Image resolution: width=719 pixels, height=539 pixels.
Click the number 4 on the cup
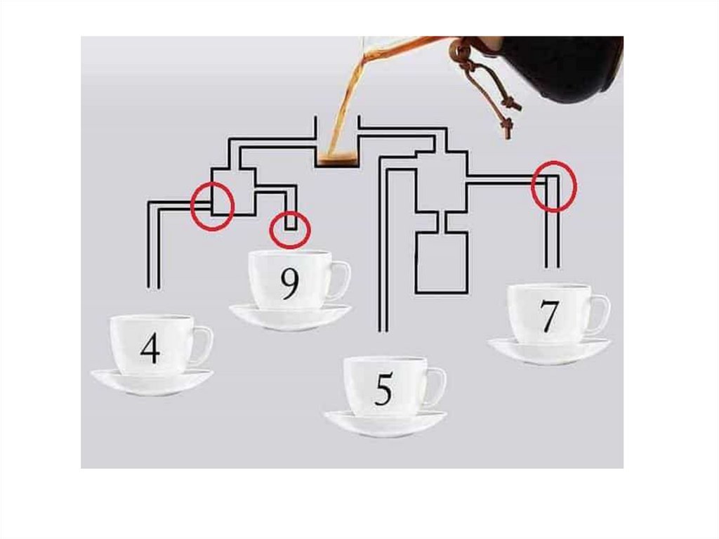pos(150,348)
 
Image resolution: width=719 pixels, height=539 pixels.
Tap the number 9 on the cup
pos(290,284)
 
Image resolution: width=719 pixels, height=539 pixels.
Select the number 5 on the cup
pos(384,389)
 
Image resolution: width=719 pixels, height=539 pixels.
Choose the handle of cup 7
pos(602,314)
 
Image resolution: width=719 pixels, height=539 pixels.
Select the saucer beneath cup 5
pos(385,423)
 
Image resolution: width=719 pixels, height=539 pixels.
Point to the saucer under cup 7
pos(549,351)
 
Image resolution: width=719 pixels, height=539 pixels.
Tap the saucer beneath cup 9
pos(290,317)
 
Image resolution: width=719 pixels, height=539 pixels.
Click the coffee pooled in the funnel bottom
pos(338,161)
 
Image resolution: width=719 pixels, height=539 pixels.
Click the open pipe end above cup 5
pos(383,330)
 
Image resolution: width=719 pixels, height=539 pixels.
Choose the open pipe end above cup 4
pos(153,287)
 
